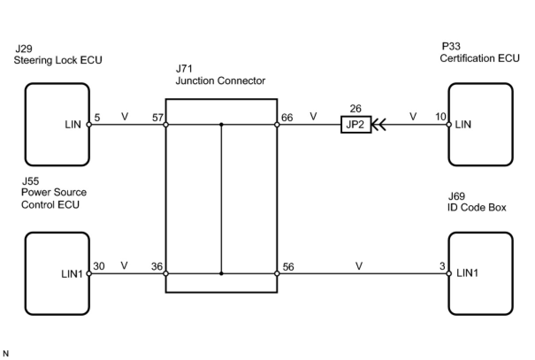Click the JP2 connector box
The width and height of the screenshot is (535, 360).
tap(355, 125)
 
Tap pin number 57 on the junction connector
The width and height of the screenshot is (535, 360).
tap(157, 118)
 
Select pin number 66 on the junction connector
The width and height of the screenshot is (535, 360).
tap(287, 118)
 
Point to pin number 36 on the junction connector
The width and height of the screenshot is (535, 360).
tap(157, 267)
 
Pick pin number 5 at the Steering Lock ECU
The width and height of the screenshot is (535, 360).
tap(97, 118)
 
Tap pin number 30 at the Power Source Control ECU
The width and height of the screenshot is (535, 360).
tap(99, 266)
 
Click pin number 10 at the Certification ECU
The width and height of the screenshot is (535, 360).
tap(440, 117)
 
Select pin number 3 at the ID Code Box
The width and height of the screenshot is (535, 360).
tap(442, 266)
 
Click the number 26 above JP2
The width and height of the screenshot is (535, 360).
tap(355, 109)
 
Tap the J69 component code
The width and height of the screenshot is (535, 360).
tap(457, 196)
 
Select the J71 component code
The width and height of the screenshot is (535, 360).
tap(184, 69)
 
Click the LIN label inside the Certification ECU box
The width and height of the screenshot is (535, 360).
tap(463, 125)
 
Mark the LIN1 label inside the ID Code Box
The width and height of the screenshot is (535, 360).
tap(467, 273)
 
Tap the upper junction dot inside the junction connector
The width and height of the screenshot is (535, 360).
tap(221, 125)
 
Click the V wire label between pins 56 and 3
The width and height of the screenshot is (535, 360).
tap(359, 266)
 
